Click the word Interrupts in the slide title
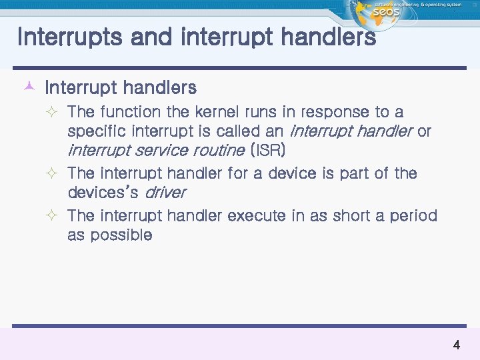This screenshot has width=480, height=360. (69, 37)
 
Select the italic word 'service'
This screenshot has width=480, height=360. (151, 151)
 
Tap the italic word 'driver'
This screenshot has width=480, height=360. (165, 193)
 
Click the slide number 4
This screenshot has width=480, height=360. (456, 345)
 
